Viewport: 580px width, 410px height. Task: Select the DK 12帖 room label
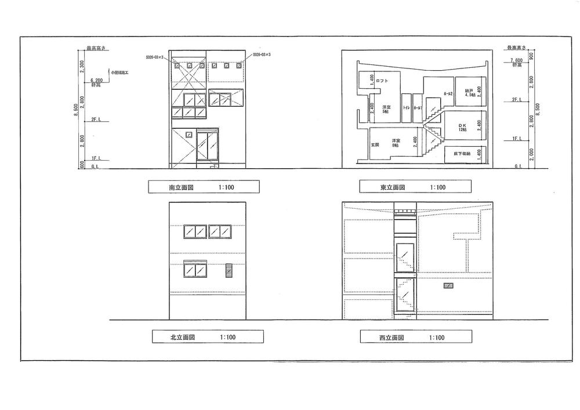pos(462,127)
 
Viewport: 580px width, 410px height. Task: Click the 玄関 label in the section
pos(374,144)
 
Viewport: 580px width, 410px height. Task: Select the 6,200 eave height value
pos(97,81)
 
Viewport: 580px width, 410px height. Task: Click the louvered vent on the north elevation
pos(229,270)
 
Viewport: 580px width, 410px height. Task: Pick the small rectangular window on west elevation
pos(448,285)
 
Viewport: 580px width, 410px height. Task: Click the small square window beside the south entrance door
pos(188,135)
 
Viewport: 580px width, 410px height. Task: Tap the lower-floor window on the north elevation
pos(195,270)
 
